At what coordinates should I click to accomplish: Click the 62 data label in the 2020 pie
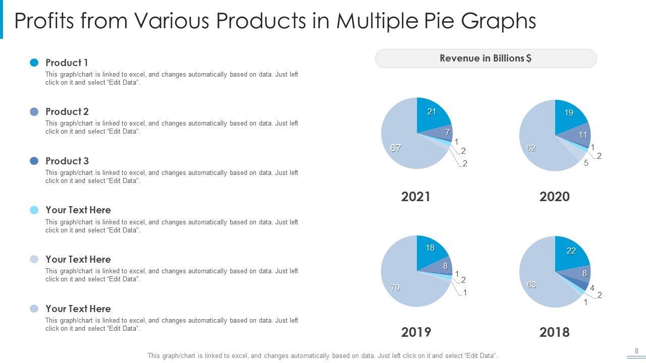click(x=531, y=148)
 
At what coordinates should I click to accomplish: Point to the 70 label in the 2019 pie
click(x=395, y=287)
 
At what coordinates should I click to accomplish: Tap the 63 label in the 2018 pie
click(x=531, y=284)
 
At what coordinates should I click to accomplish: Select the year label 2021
click(x=416, y=197)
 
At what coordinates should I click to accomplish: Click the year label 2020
click(x=554, y=197)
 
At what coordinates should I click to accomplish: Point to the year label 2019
click(x=416, y=332)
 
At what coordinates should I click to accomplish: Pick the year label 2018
click(x=554, y=332)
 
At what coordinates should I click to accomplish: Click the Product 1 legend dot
click(x=34, y=63)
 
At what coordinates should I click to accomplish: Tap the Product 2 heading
click(x=67, y=111)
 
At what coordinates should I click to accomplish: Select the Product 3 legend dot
click(x=34, y=161)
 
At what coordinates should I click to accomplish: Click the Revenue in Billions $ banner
click(x=486, y=58)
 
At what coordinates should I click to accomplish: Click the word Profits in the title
click(x=44, y=21)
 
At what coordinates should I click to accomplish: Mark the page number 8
click(x=636, y=351)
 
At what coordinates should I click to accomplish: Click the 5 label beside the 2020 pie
click(x=586, y=163)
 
